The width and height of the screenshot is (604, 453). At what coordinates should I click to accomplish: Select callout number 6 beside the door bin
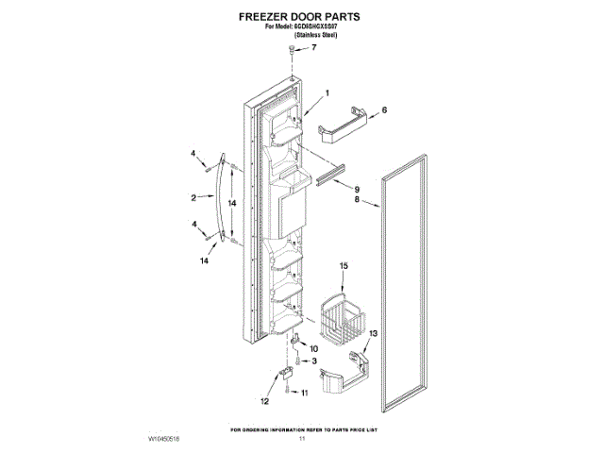(384, 109)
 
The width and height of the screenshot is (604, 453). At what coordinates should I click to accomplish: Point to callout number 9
(357, 188)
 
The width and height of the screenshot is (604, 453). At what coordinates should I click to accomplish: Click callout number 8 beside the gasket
(358, 199)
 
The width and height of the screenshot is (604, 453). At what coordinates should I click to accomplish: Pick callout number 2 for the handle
(193, 197)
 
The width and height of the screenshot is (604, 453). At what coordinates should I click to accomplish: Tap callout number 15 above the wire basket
(344, 268)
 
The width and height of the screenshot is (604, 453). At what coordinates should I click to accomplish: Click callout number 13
(372, 333)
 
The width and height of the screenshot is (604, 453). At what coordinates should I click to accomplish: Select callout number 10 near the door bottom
(313, 348)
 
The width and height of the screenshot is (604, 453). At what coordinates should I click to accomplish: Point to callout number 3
(314, 361)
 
